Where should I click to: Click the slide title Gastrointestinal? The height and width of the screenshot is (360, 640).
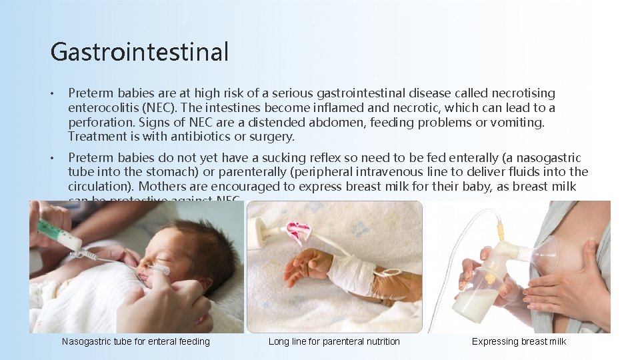tap(139, 52)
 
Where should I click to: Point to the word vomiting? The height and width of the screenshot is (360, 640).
tap(521, 122)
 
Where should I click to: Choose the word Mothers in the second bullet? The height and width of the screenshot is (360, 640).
tap(161, 186)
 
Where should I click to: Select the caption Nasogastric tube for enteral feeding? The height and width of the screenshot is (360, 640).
tap(135, 341)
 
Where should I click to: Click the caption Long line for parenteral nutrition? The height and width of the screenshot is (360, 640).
tap(334, 341)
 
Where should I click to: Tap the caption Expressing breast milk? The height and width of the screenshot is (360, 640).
tap(519, 341)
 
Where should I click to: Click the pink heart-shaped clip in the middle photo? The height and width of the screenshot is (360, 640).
tap(298, 232)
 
